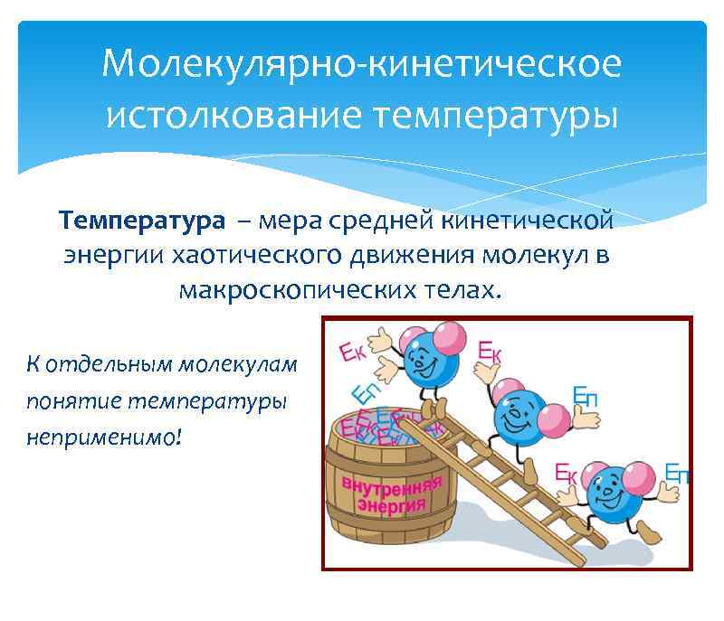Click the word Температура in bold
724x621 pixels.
pyautogui.click(x=142, y=221)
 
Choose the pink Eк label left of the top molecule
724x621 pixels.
pyautogui.click(x=353, y=352)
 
